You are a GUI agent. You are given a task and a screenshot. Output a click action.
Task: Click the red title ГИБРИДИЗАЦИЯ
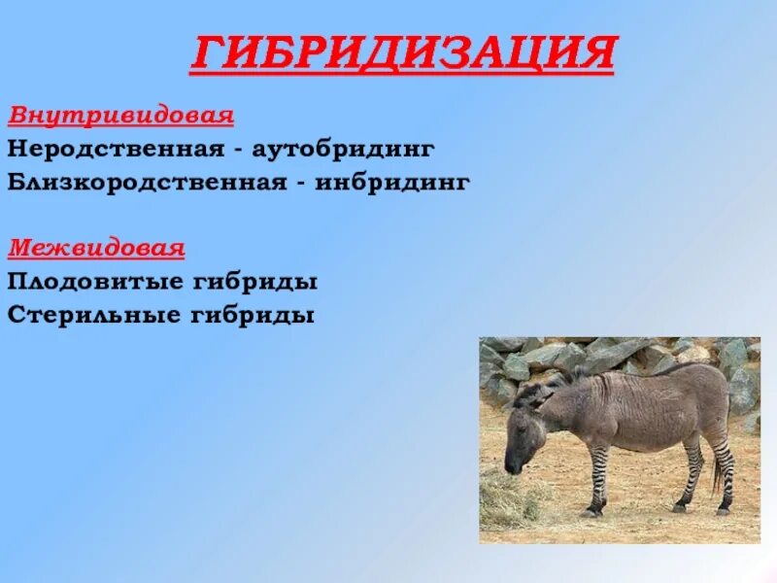tap(402, 53)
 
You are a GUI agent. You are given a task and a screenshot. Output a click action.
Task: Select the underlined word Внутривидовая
tap(121, 116)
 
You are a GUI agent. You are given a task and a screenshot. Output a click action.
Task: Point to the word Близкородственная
tap(145, 182)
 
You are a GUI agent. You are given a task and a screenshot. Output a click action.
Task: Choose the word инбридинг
tap(393, 182)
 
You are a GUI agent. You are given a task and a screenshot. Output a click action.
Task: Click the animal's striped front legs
tap(598, 476)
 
